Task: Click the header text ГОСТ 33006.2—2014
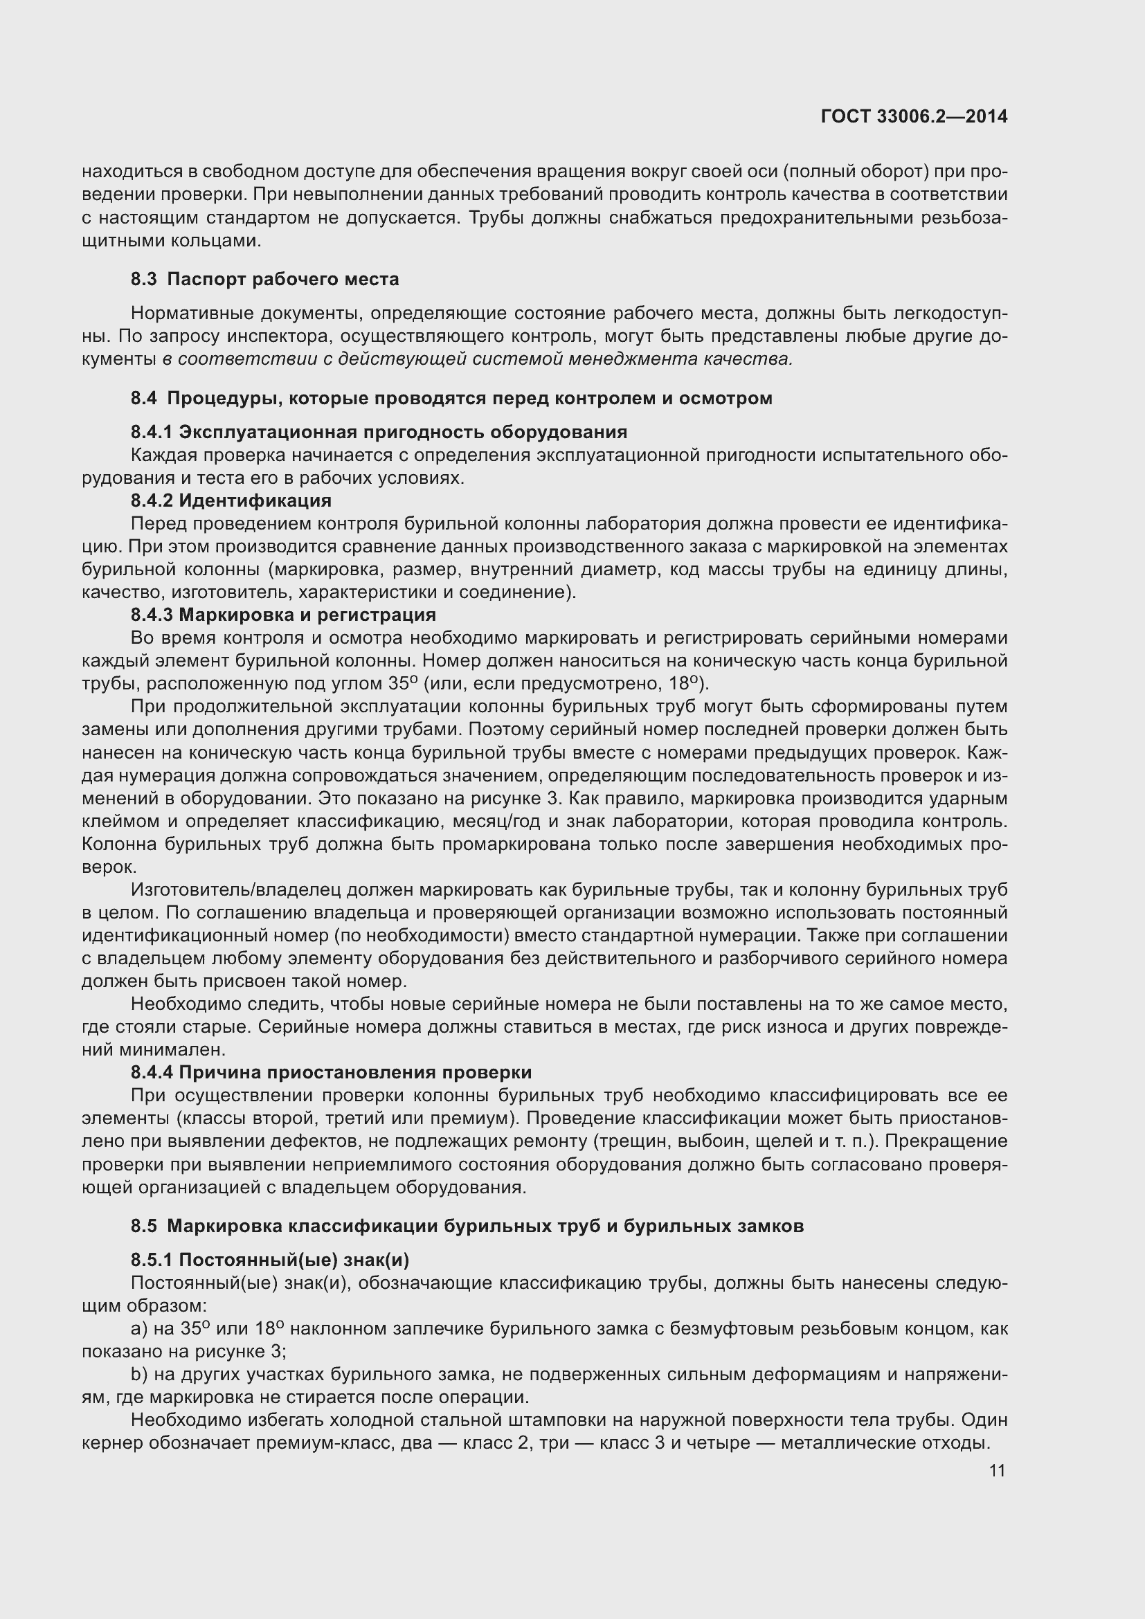point(914,116)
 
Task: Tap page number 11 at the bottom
point(997,1471)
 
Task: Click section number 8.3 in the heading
point(143,279)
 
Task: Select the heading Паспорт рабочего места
point(282,279)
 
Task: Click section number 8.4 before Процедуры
point(143,399)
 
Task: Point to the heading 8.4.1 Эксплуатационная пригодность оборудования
point(379,431)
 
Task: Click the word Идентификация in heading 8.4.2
point(255,500)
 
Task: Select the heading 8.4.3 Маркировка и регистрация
point(282,615)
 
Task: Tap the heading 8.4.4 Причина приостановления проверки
point(331,1072)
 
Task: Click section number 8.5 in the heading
point(143,1227)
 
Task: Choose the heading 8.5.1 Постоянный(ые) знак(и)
point(269,1260)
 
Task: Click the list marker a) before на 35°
point(139,1329)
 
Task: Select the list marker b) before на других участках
point(139,1375)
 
